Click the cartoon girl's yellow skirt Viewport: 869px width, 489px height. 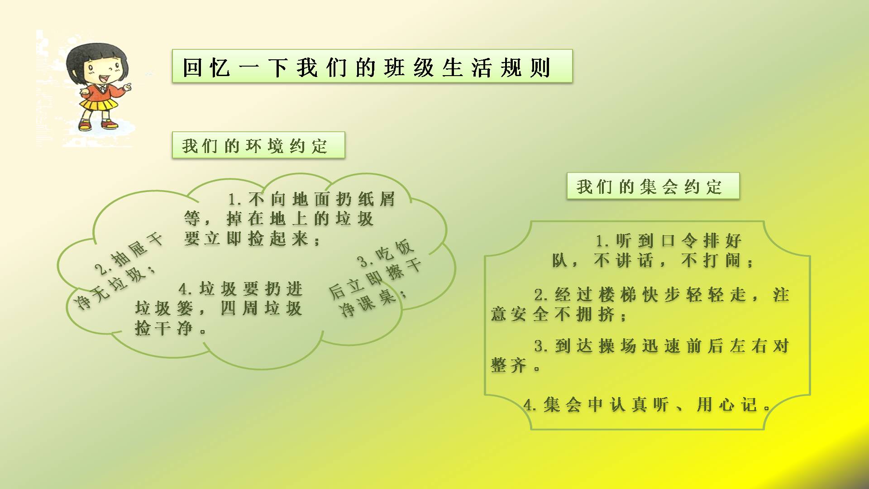(99, 104)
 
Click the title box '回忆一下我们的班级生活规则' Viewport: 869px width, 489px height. (372, 66)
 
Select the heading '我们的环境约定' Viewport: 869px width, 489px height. (258, 145)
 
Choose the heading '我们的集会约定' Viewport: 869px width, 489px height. (653, 186)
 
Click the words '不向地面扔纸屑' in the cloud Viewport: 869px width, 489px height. (322, 199)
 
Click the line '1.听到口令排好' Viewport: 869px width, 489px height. (668, 240)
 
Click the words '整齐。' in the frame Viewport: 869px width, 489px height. (516, 365)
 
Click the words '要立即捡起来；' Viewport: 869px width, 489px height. (253, 239)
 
